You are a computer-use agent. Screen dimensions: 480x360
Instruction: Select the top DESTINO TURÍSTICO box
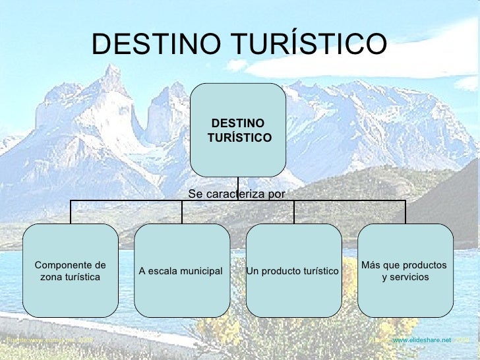pos(238,130)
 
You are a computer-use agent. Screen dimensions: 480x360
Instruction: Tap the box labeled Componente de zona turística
pos(71,271)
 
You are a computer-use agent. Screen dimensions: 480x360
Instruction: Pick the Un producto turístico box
pos(293,271)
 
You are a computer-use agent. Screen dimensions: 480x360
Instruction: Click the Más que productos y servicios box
pos(405,271)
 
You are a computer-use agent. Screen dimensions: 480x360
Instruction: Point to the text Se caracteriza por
pos(236,194)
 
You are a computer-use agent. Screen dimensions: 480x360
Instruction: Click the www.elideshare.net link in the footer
pos(422,339)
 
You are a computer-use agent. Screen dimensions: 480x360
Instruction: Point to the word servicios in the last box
pos(409,277)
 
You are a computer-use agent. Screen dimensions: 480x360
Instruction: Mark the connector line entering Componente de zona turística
pos(71,212)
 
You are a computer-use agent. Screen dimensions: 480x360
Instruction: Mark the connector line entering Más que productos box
pos(405,212)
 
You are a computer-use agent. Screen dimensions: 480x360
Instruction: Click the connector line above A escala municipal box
pos(183,212)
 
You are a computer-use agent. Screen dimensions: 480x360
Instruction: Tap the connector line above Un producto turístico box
pos(294,212)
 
